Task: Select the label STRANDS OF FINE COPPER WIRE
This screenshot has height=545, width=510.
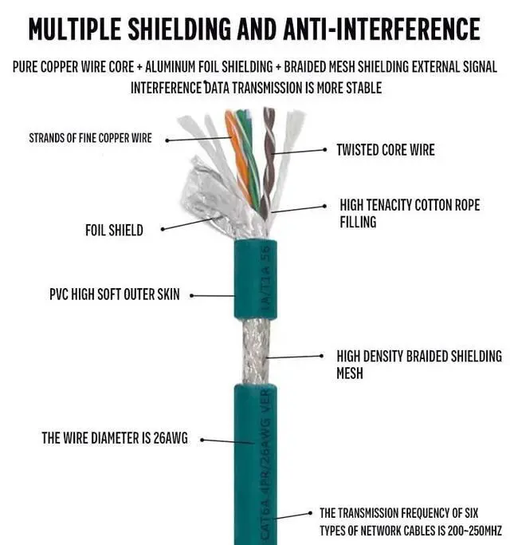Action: [90, 138]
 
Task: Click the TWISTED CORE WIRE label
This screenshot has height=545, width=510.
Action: [386, 149]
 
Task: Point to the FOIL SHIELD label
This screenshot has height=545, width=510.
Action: [114, 231]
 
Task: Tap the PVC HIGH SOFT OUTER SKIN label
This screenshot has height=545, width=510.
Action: [115, 294]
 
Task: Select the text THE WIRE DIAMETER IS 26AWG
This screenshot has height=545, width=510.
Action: [115, 438]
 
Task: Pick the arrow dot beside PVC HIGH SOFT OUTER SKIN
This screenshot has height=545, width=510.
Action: [192, 295]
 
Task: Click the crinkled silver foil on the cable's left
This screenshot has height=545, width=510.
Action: [204, 195]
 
